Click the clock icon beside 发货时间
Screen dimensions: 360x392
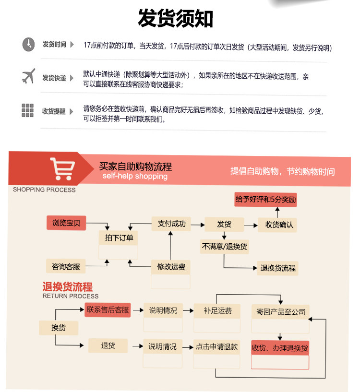[x=28, y=45]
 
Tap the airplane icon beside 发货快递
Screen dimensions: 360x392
[x=28, y=76]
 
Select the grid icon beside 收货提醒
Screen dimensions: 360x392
[x=27, y=110]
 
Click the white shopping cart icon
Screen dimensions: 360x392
[x=62, y=169]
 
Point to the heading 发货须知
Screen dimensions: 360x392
[x=175, y=18]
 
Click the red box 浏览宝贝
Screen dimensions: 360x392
[x=66, y=223]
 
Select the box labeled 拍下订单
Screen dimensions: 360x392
[x=119, y=238]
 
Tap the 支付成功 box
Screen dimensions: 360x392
[x=171, y=224]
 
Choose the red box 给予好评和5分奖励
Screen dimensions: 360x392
[x=266, y=200]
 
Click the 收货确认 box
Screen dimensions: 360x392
[x=277, y=225]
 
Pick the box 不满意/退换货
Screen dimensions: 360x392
[x=225, y=247]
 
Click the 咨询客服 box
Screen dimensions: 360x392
[x=66, y=266]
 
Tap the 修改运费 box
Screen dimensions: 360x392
[x=171, y=267]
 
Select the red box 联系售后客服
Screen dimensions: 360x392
[x=108, y=310]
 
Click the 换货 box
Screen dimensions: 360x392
[x=59, y=328]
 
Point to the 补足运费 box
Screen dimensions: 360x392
[x=217, y=311]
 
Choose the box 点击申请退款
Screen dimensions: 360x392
[x=216, y=347]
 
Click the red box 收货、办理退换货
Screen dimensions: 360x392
[x=280, y=348]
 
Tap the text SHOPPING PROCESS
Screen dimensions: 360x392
[x=44, y=190]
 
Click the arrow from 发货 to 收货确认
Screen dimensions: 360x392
[x=251, y=226]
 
